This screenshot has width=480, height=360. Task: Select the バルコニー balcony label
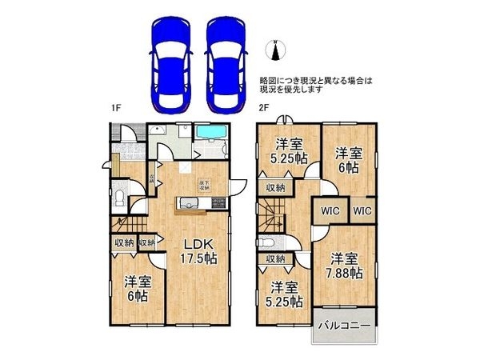(342, 326)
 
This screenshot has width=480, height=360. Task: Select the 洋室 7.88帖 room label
(345, 266)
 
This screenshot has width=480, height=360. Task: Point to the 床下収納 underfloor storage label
(204, 186)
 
